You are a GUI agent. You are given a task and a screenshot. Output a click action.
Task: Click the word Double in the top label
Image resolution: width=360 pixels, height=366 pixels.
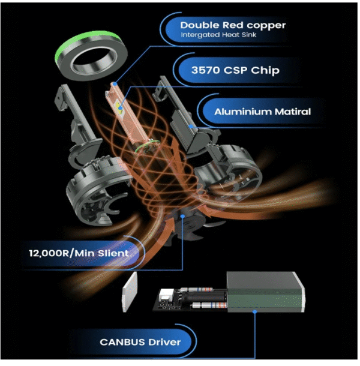coord(200,25)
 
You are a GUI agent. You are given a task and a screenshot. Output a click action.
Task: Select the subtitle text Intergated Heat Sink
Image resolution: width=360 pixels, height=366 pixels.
coord(218,35)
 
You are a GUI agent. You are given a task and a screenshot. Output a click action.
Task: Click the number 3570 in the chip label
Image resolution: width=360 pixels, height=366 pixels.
coord(205,70)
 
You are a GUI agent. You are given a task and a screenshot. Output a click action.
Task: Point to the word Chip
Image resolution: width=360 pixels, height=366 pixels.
coord(265,70)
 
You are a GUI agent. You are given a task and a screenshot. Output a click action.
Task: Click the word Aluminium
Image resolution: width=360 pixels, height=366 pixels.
coord(242,112)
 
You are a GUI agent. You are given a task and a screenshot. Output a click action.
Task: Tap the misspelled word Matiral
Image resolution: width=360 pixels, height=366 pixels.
coord(293,112)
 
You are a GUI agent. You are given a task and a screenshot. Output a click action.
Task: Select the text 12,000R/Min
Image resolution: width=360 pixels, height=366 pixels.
coord(62,253)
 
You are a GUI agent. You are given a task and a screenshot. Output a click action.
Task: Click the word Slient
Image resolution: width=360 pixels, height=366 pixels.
coord(113,253)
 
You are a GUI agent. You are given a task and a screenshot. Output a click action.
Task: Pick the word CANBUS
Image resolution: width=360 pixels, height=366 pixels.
coord(122,342)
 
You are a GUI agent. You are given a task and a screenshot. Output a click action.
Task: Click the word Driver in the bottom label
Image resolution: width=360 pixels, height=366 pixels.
coord(164,342)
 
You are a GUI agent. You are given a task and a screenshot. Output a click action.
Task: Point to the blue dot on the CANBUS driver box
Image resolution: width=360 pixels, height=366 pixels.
coord(255,311)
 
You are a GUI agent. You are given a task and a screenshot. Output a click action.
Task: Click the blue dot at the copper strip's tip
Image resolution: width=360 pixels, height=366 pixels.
coord(115,84)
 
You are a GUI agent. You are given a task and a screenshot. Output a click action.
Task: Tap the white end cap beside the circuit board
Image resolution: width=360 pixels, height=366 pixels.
coord(130,292)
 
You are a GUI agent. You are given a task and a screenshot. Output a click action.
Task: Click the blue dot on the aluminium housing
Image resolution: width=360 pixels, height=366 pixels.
coord(191,126)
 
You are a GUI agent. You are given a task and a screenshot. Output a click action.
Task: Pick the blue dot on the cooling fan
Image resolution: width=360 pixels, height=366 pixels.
coord(183,217)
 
